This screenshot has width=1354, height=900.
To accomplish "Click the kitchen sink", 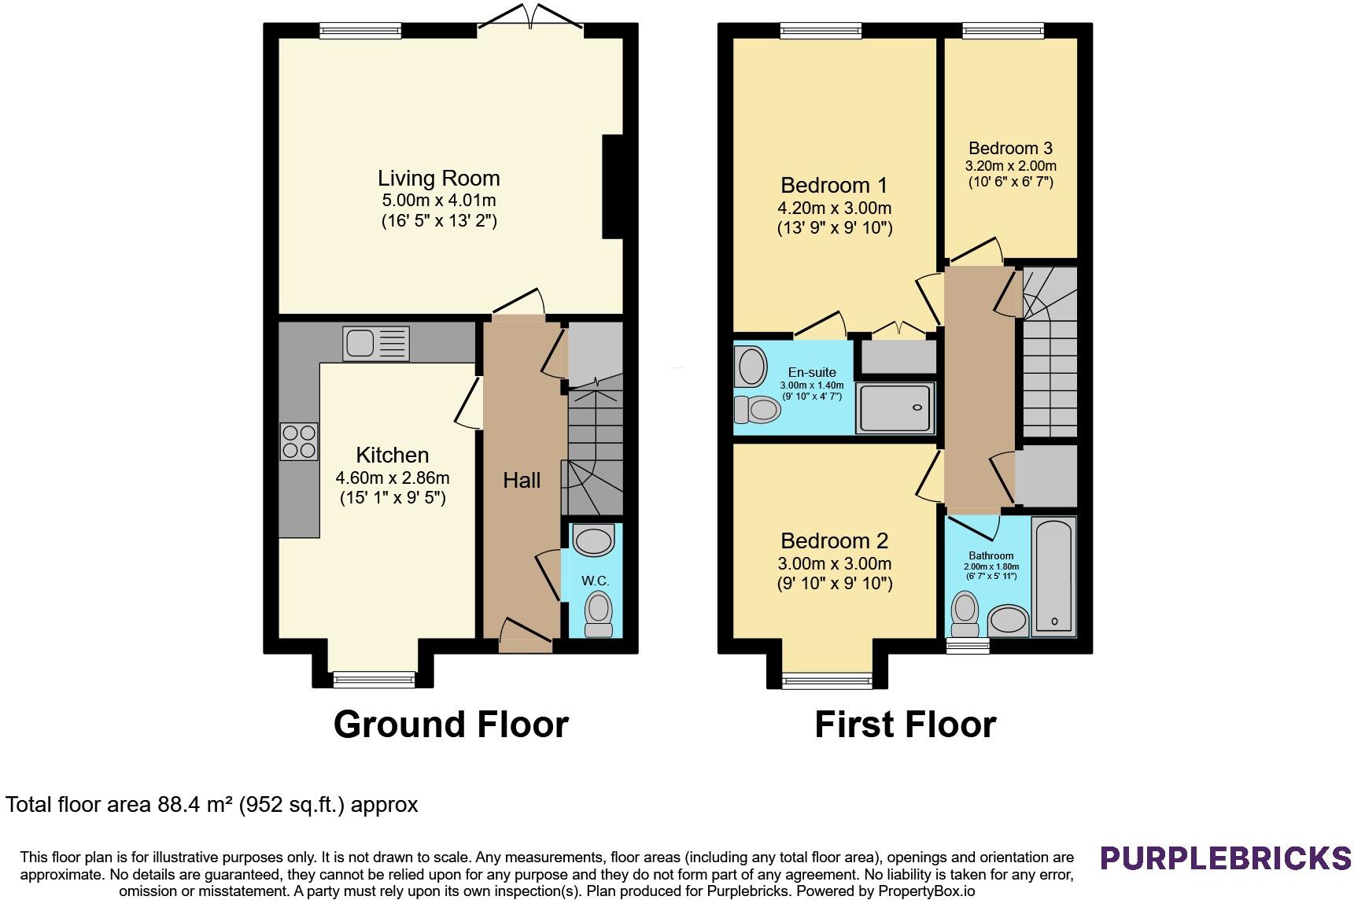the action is click(x=376, y=343).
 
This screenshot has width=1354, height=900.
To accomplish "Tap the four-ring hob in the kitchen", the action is click(x=299, y=441).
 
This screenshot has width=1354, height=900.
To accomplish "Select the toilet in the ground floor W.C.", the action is click(x=599, y=614).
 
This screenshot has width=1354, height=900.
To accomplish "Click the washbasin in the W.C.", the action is click(x=593, y=540).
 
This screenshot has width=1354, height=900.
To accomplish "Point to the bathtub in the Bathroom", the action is click(x=1053, y=575).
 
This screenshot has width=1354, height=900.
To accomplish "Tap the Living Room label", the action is click(x=438, y=178).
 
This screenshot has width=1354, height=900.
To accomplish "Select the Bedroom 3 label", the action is click(x=1010, y=148).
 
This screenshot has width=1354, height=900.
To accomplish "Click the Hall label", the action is click(x=522, y=480).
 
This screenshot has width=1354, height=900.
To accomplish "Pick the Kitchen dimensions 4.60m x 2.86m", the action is click(x=393, y=478).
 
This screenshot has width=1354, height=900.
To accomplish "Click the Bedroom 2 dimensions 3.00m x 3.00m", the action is click(x=834, y=563).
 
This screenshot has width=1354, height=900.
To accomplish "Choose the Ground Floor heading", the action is click(x=451, y=724).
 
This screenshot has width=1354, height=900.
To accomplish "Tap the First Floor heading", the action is click(x=905, y=724).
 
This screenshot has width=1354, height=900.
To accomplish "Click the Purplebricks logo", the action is click(x=1226, y=858).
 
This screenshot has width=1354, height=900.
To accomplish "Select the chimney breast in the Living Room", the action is click(x=613, y=186).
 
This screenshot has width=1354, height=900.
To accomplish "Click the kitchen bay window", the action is click(x=374, y=678).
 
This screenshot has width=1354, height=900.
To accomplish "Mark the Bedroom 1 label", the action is click(x=834, y=185).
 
